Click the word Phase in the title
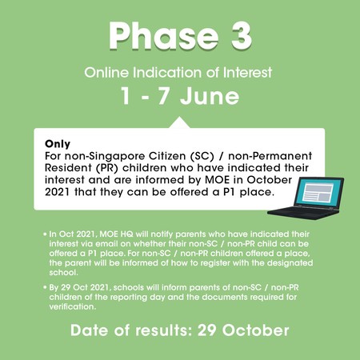[x=163, y=36]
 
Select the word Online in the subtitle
[x=106, y=73]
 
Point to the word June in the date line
[x=210, y=96]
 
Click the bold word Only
[x=58, y=144]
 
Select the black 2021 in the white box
[x=57, y=192]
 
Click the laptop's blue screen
[x=319, y=192]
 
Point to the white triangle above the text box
[x=179, y=122]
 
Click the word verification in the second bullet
[x=72, y=306]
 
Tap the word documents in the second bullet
[x=225, y=297]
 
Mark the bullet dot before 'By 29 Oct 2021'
[x=45, y=288]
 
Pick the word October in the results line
[x=256, y=330]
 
